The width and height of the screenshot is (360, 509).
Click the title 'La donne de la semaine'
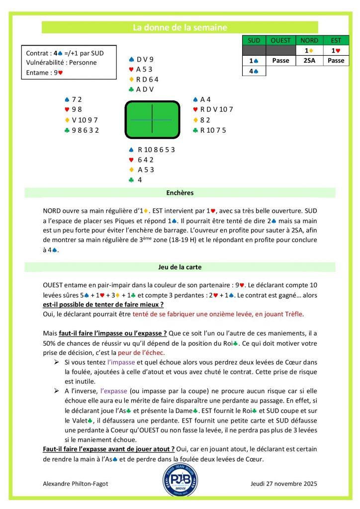coord(180,27)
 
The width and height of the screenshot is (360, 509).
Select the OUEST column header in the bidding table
coord(281,40)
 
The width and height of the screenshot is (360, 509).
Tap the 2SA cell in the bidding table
coord(308,61)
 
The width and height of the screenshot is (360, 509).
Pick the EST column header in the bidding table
coord(336,40)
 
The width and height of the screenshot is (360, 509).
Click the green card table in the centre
coord(151,120)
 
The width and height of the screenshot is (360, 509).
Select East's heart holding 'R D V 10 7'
coord(216,109)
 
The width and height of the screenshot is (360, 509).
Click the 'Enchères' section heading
coord(180,192)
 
